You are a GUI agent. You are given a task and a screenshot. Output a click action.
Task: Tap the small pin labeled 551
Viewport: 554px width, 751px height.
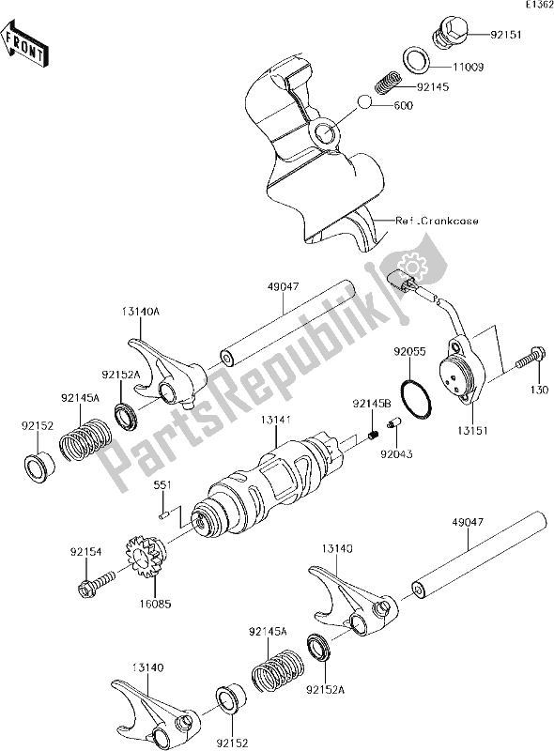click(165, 513)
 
